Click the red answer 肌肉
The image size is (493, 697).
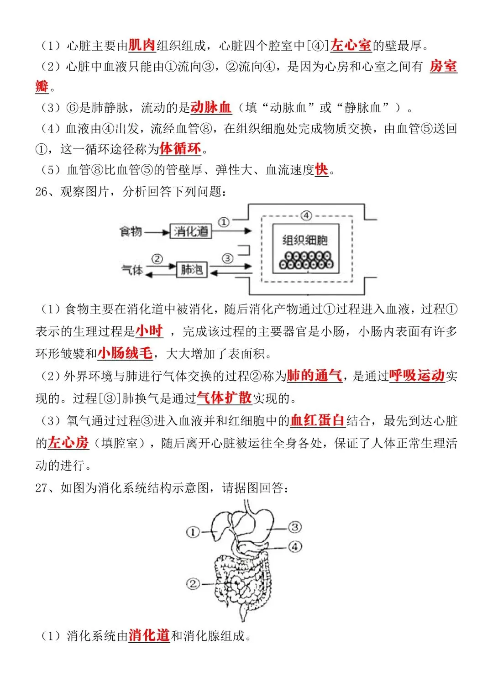pyautogui.click(x=142, y=45)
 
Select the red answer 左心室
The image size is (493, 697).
pyautogui.click(x=351, y=45)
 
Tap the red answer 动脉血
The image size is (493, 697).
pyautogui.click(x=211, y=107)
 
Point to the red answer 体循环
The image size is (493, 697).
pyautogui.click(x=180, y=148)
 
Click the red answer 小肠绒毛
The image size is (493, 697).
pyautogui.click(x=125, y=353)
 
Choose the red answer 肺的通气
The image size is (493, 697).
pyautogui.click(x=314, y=375)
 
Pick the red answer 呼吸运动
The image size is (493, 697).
pyautogui.click(x=417, y=375)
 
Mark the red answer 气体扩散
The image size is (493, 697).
pyautogui.click(x=224, y=398)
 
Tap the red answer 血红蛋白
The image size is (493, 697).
pyautogui.click(x=317, y=420)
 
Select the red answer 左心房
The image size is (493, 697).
pyautogui.click(x=68, y=442)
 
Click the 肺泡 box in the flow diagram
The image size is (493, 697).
pyautogui.click(x=192, y=270)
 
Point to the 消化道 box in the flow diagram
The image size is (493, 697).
pyautogui.click(x=191, y=231)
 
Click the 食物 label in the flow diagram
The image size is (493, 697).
pyautogui.click(x=131, y=231)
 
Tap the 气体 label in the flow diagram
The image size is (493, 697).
pyautogui.click(x=132, y=270)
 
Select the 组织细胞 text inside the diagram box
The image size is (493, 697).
pyautogui.click(x=305, y=240)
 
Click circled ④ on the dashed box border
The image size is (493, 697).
pyautogui.click(x=306, y=216)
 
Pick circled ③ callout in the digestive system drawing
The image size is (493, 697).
pyautogui.click(x=295, y=527)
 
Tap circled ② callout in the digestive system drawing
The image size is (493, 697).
pyautogui.click(x=193, y=583)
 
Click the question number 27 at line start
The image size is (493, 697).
pyautogui.click(x=41, y=488)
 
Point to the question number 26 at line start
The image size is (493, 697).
pyautogui.click(x=41, y=191)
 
